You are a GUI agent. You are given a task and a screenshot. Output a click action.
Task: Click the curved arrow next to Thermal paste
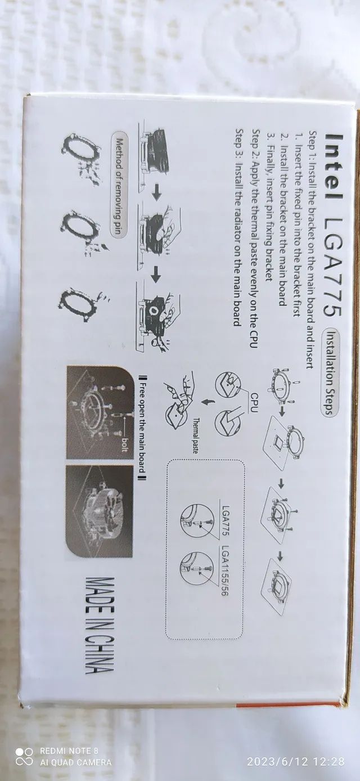tap(206, 404)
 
